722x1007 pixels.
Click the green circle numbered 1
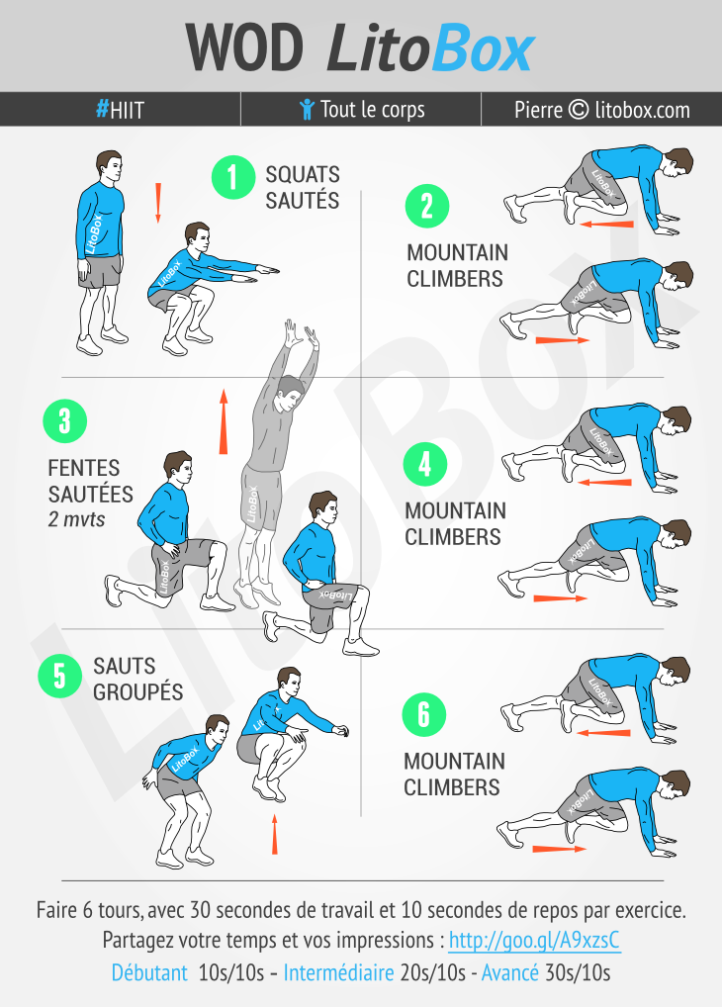(233, 177)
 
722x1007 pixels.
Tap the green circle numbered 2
(426, 206)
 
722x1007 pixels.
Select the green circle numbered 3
(64, 421)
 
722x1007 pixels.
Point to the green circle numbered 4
(424, 464)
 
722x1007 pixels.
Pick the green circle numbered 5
(59, 676)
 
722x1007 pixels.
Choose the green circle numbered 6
(424, 714)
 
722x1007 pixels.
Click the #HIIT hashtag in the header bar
(120, 110)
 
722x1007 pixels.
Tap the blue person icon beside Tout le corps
(307, 109)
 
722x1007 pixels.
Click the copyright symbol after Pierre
(579, 109)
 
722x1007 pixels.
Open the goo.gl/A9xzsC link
(534, 940)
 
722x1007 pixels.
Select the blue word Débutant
(149, 972)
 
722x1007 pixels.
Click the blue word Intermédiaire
(338, 972)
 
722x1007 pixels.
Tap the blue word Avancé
(510, 972)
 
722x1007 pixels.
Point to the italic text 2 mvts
(76, 519)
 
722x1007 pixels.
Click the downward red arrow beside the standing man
(158, 203)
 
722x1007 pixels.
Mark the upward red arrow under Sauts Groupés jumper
(275, 834)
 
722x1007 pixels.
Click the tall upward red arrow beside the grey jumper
(224, 421)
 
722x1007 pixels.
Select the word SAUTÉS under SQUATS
(303, 201)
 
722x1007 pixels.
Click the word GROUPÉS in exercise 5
(138, 691)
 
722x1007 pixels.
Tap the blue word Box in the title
(483, 48)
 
